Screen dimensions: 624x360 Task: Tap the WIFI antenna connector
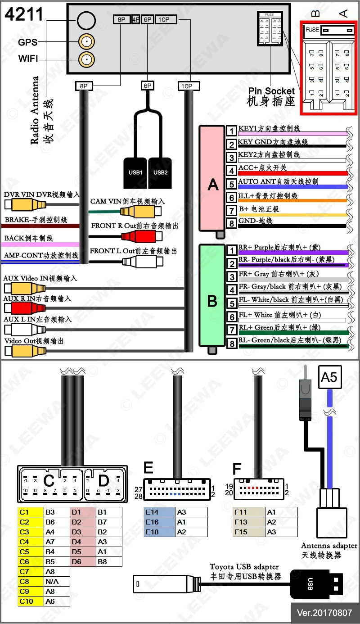[86, 59]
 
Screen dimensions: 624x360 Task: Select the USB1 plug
[135, 172]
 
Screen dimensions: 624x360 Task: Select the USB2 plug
[160, 172]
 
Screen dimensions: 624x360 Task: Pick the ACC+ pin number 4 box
[231, 171]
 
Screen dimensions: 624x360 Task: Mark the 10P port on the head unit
[166, 19]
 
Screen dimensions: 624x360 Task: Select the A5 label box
[329, 376]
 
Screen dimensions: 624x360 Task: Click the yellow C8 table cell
[31, 581]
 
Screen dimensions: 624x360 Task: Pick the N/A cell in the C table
[57, 581]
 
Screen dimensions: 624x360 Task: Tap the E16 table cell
[160, 522]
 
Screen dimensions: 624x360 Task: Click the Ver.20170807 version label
[324, 613]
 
